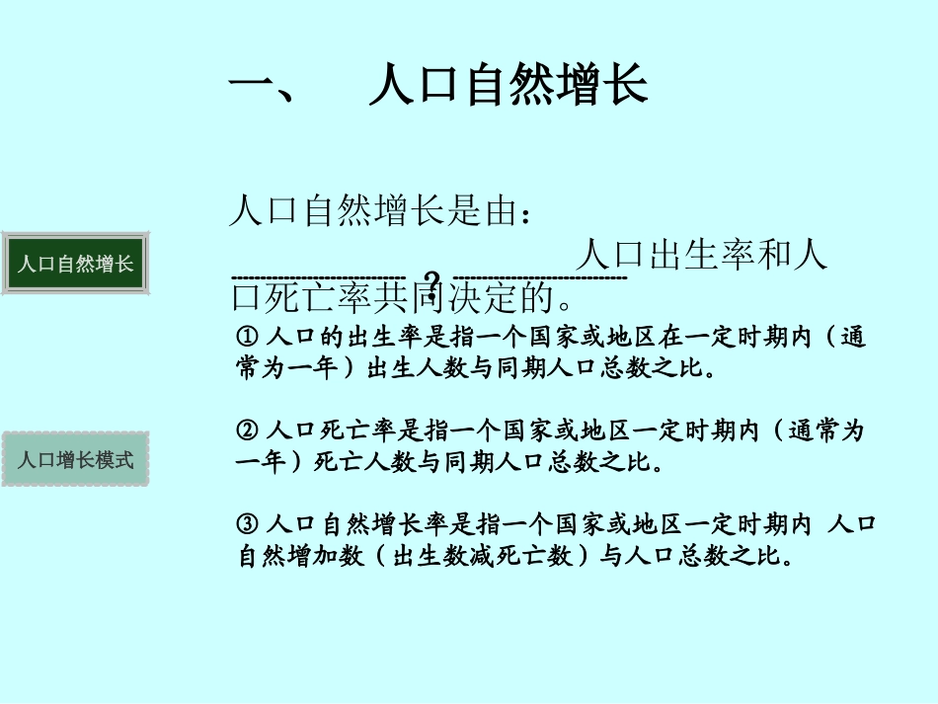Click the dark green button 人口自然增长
pyautogui.click(x=76, y=264)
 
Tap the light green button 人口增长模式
pyautogui.click(x=76, y=459)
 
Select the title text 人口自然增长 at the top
pyautogui.click(x=508, y=85)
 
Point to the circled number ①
pyautogui.click(x=248, y=338)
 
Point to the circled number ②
pyautogui.click(x=248, y=431)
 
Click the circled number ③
pyautogui.click(x=248, y=524)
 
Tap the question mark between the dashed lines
pyautogui.click(x=430, y=280)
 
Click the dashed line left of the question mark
pyautogui.click(x=318, y=277)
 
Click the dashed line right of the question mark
pyautogui.click(x=539, y=277)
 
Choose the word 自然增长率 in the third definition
pyautogui.click(x=389, y=524)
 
